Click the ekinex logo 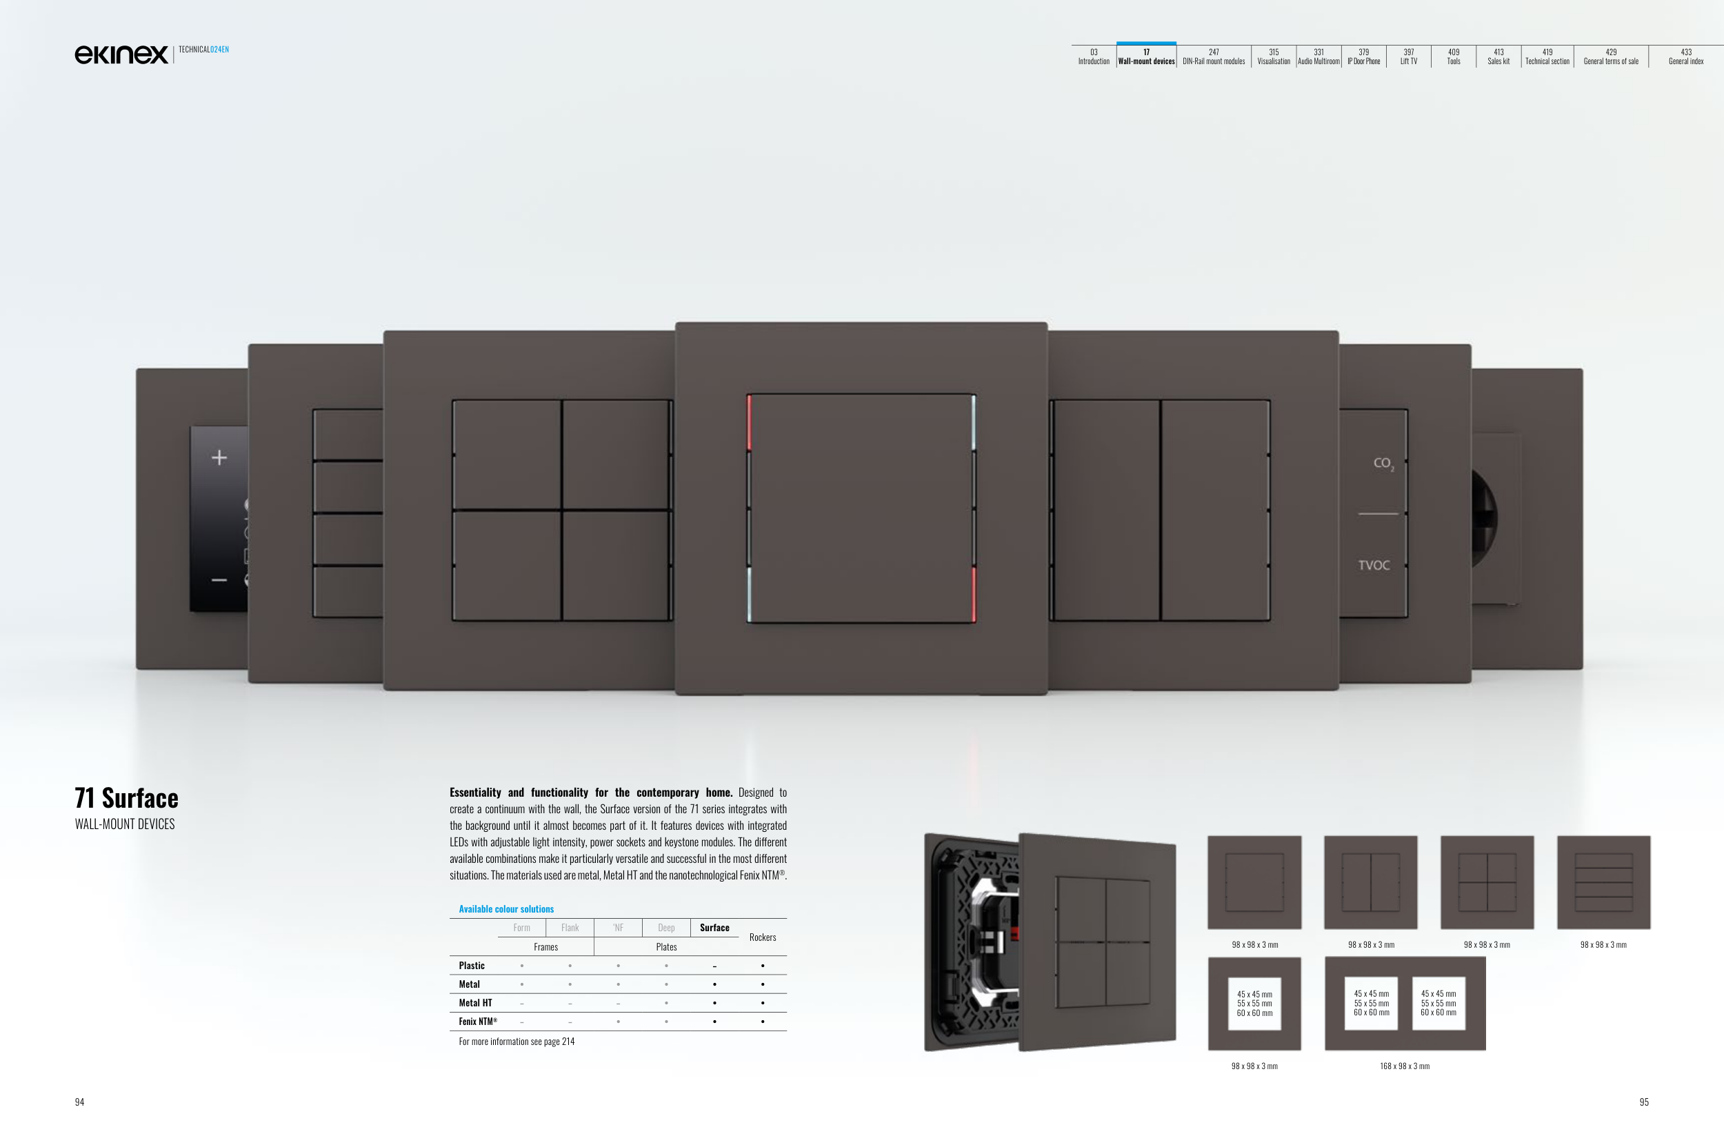click(x=121, y=54)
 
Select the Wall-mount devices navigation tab click(x=1146, y=57)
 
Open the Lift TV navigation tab click(x=1408, y=57)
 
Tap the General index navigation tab click(x=1685, y=57)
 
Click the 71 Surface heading click(x=127, y=797)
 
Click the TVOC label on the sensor click(x=1374, y=565)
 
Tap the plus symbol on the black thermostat click(x=219, y=457)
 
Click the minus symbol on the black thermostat click(x=219, y=579)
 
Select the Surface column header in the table click(x=714, y=927)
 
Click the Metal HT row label click(x=475, y=1003)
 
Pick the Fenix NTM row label click(x=478, y=1022)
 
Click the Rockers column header click(x=762, y=937)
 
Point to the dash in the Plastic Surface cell click(x=714, y=966)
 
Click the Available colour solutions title click(x=506, y=909)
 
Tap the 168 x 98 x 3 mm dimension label click(x=1405, y=1066)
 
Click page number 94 click(x=80, y=1102)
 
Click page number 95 click(x=1643, y=1102)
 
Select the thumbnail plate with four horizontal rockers click(x=1604, y=882)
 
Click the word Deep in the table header click(x=665, y=927)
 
